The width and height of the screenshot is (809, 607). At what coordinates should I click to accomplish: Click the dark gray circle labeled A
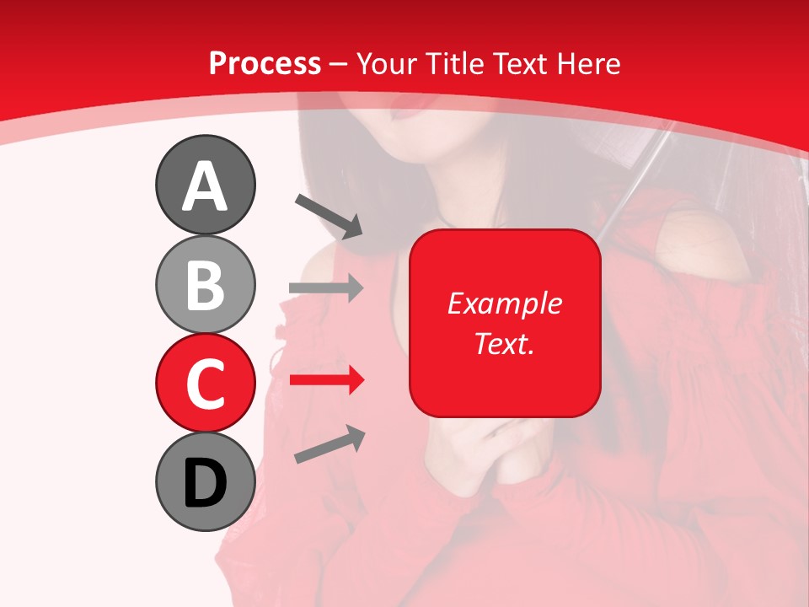click(205, 185)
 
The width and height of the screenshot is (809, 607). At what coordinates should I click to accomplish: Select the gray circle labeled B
click(205, 284)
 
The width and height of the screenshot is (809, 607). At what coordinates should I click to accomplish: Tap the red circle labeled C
click(205, 383)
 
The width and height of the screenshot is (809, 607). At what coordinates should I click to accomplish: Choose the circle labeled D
click(205, 481)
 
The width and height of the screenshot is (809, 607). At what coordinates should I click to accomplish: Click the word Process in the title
click(265, 63)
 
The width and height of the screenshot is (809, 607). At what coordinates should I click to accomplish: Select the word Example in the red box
click(504, 303)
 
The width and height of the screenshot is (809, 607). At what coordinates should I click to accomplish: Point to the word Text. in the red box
click(504, 343)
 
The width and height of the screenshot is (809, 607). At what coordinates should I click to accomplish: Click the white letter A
click(205, 186)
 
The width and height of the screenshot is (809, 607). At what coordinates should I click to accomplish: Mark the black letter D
click(205, 483)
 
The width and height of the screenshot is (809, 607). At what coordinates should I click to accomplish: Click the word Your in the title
click(383, 63)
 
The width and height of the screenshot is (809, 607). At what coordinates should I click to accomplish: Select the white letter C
click(205, 384)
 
